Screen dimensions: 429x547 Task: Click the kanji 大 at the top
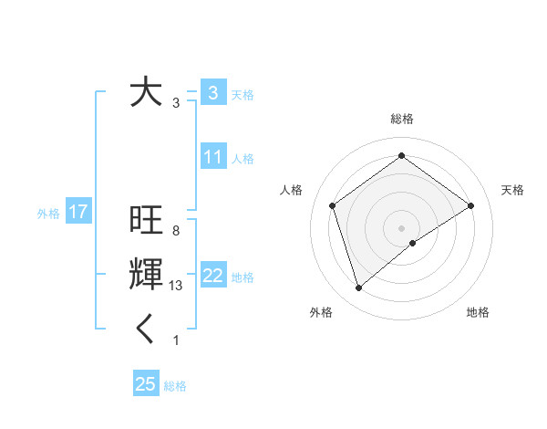(146, 92)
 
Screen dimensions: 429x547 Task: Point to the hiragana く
(146, 330)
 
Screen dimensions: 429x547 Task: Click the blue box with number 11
(212, 157)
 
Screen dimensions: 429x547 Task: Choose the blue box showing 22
(212, 276)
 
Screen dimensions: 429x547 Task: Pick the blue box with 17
(78, 213)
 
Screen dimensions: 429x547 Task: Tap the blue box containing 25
(146, 384)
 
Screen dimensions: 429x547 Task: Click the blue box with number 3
(212, 92)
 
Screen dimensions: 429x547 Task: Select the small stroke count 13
(176, 286)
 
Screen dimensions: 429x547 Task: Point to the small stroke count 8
(175, 231)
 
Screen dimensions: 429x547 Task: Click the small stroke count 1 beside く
(175, 340)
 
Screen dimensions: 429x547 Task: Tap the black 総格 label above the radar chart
(402, 119)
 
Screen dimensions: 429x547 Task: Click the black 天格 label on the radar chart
(513, 190)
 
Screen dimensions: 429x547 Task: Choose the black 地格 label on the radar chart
(478, 312)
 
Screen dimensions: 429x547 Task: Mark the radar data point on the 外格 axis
(358, 288)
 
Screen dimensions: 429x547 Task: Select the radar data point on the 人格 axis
(333, 205)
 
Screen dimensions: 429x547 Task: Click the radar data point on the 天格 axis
(471, 205)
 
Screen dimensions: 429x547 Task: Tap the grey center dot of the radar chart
(402, 227)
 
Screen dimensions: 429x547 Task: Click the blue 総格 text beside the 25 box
(175, 386)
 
